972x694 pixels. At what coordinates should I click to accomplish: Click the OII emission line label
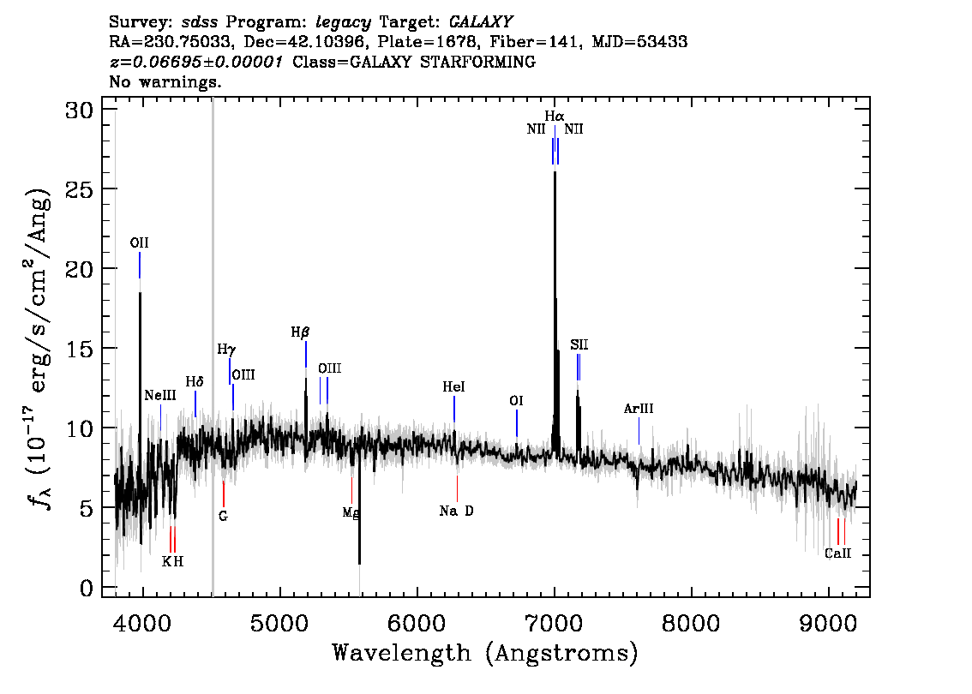139,243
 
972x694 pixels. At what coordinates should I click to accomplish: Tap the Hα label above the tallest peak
555,116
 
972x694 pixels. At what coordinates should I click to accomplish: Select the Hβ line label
300,332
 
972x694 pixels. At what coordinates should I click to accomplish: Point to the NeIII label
160,396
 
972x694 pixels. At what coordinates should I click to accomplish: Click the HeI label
453,388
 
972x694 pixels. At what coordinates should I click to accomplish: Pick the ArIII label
639,410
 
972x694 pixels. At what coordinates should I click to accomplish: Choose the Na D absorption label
456,512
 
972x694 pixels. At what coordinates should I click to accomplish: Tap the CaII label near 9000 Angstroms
837,553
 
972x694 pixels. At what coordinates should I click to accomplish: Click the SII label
579,345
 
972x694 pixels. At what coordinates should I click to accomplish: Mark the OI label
516,401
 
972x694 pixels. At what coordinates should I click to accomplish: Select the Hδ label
195,381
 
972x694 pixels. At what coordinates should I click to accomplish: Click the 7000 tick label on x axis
555,619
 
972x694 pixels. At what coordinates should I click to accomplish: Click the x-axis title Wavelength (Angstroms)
485,653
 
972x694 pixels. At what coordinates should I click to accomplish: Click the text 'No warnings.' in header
165,82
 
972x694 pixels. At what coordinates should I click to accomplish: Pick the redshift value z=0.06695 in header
196,63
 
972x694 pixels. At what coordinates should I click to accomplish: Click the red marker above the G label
224,494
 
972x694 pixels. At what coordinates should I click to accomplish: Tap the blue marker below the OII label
140,266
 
